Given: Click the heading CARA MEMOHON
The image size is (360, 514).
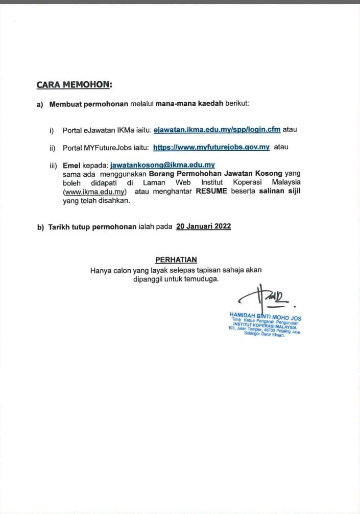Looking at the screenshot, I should coord(74,84).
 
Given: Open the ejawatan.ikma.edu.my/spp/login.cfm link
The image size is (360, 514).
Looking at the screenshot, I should coord(217,129).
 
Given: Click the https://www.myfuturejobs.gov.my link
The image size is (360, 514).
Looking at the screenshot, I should coord(211,147).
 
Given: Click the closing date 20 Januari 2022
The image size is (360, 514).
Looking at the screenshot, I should coord(203,227).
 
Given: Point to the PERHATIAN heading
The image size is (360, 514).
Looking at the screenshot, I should coord(176,260).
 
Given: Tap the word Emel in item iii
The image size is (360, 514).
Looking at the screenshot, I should coord(71,165).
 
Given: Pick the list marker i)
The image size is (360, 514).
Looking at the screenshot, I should coord(52,130).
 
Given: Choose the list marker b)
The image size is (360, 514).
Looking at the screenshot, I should coord(40,227).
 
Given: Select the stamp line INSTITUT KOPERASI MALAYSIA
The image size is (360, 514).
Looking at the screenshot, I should coord(265,325).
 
